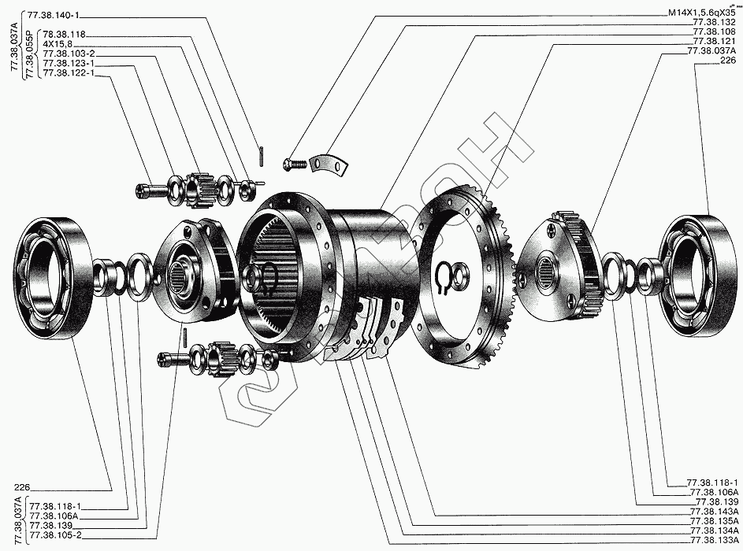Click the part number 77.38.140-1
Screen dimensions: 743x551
pyautogui.click(x=53, y=15)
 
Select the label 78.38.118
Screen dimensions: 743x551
pyautogui.click(x=64, y=34)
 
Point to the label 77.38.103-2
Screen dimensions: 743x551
pyautogui.click(x=69, y=54)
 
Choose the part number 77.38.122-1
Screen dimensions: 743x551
pyautogui.click(x=69, y=73)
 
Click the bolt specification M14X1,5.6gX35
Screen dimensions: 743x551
pyautogui.click(x=702, y=13)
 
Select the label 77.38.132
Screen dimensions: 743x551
pyautogui.click(x=714, y=23)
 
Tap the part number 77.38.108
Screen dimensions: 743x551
pyautogui.click(x=714, y=32)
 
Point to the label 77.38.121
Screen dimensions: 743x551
pyautogui.click(x=714, y=42)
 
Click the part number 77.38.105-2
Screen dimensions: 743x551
pyautogui.click(x=55, y=535)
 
